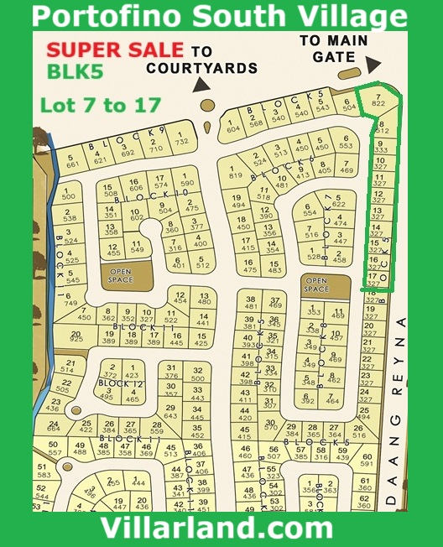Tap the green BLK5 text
pos(69,74)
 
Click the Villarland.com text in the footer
pos(216,529)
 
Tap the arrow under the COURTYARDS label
pos(201,84)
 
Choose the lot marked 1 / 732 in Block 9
pos(181,138)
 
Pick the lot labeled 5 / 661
pos(73,160)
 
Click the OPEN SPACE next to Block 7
pos(316,284)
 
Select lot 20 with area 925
pos(76,336)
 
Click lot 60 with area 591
pos(366,459)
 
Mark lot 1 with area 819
pos(235,171)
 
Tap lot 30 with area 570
pos(270,423)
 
